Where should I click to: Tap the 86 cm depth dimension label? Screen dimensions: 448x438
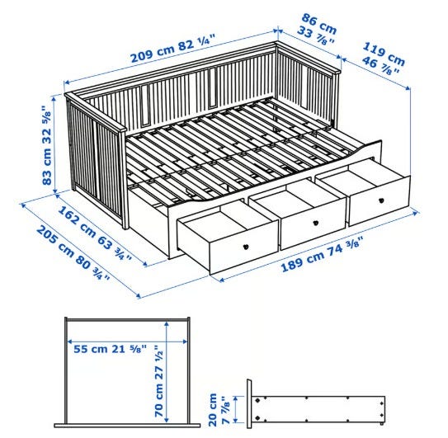coord(319,23)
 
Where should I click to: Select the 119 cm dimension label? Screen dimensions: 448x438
coord(384,54)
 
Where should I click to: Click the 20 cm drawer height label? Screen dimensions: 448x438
coord(213,410)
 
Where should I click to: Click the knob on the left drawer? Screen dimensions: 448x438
coord(245,247)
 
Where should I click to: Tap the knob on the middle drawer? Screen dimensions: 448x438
coord(315,223)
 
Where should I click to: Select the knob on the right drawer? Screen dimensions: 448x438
coord(381,200)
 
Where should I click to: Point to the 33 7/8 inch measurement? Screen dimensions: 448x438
coord(315,35)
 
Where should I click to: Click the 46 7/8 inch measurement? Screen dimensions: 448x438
coord(380,66)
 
